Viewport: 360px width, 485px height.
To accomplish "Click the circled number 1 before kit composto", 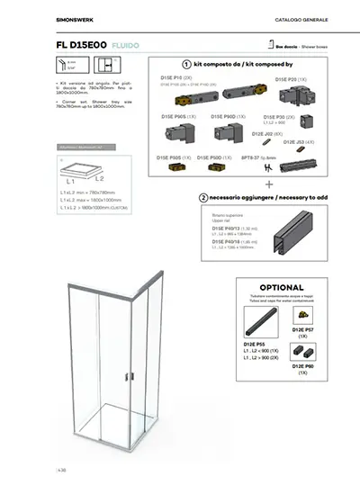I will tap(185, 64).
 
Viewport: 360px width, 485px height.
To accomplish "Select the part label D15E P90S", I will tap(173, 116).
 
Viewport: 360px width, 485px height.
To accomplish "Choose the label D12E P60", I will tap(304, 367).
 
